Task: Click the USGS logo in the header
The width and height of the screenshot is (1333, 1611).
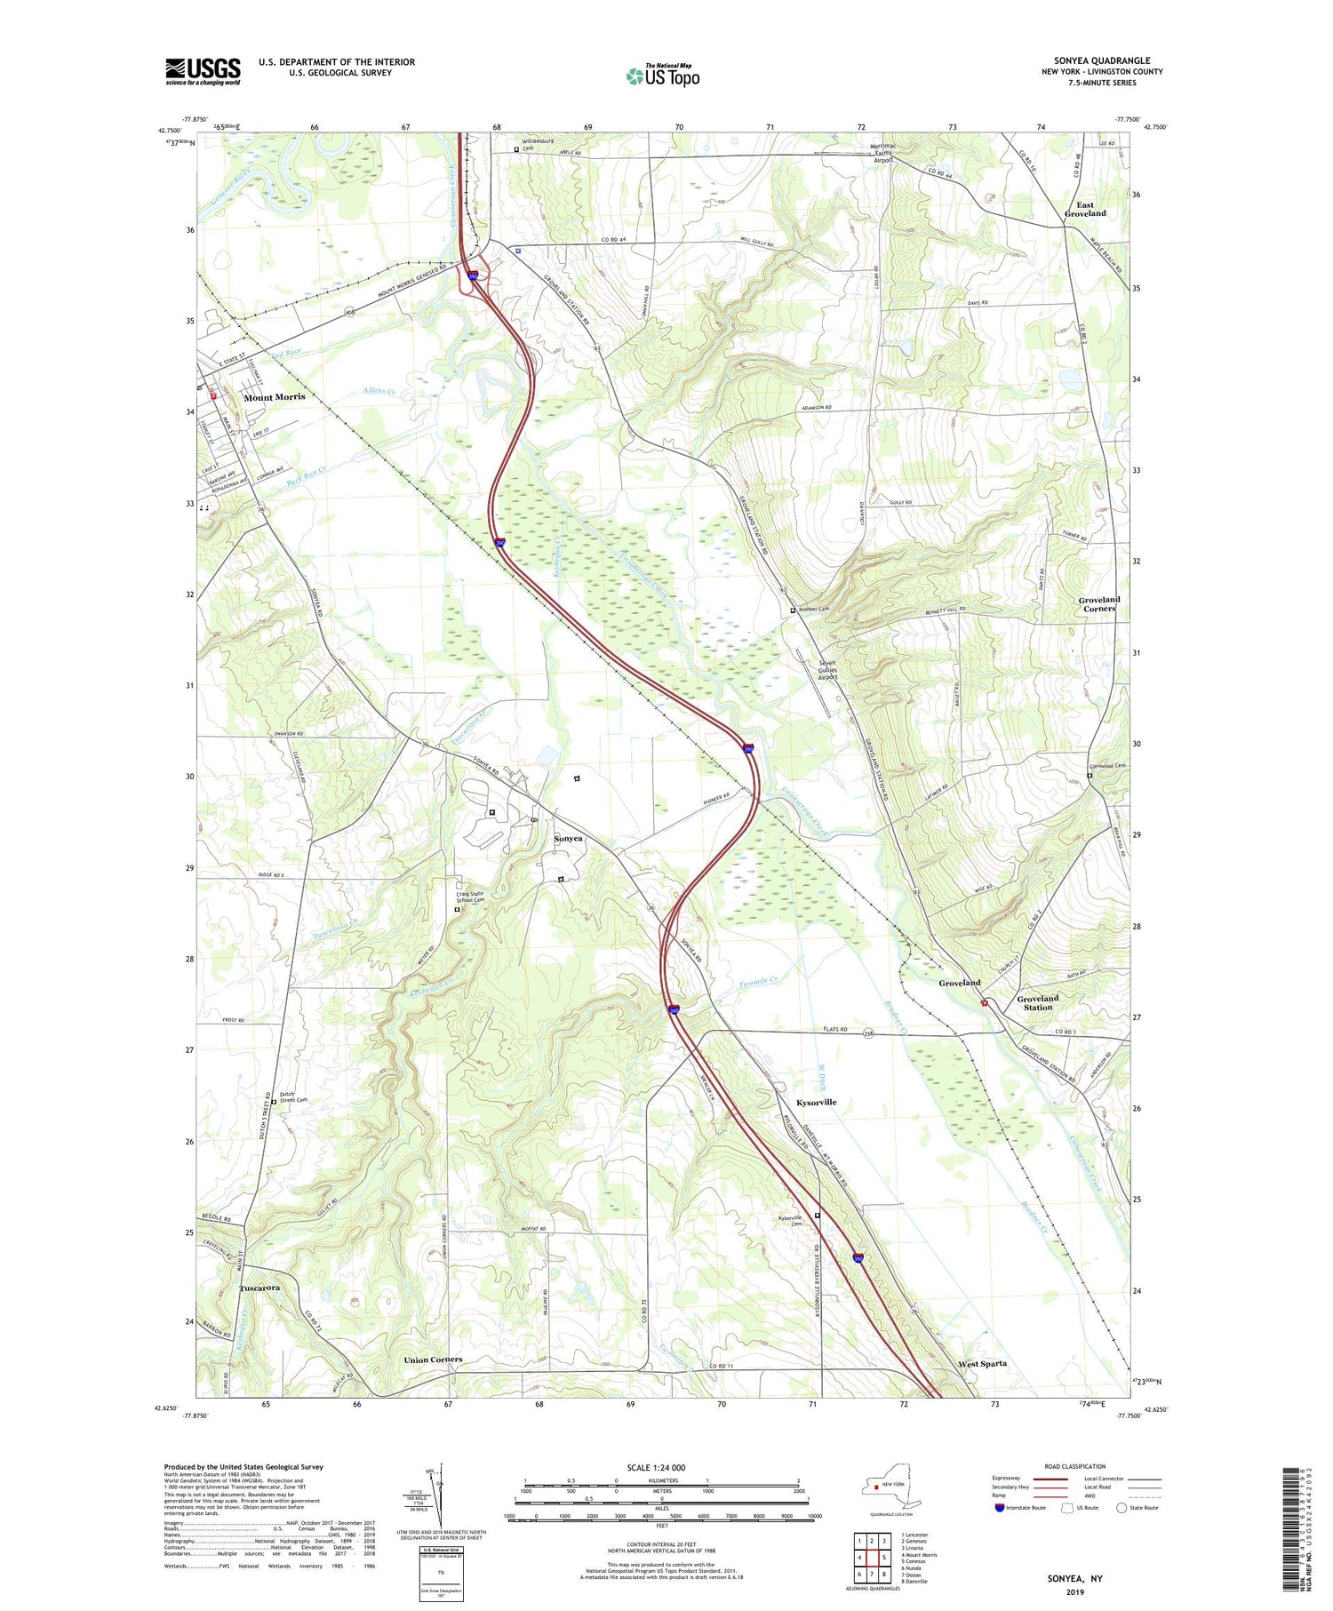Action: tap(203, 71)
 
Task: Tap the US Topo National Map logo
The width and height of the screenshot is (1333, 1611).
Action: tap(663, 76)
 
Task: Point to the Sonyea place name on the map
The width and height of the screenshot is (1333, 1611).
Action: tap(569, 839)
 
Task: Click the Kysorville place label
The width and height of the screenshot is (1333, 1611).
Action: tap(816, 1102)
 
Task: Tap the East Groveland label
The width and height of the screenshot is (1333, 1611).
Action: tap(1085, 209)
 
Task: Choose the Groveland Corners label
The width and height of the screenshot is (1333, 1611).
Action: tap(1098, 603)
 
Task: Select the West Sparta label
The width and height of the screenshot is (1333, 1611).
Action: tap(982, 1363)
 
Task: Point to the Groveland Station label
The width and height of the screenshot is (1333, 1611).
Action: tap(1037, 1002)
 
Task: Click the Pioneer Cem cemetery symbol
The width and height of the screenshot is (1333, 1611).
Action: tap(794, 610)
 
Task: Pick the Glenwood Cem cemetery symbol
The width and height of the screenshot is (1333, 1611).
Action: tap(1090, 775)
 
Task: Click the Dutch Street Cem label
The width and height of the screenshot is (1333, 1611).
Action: tap(293, 1097)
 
